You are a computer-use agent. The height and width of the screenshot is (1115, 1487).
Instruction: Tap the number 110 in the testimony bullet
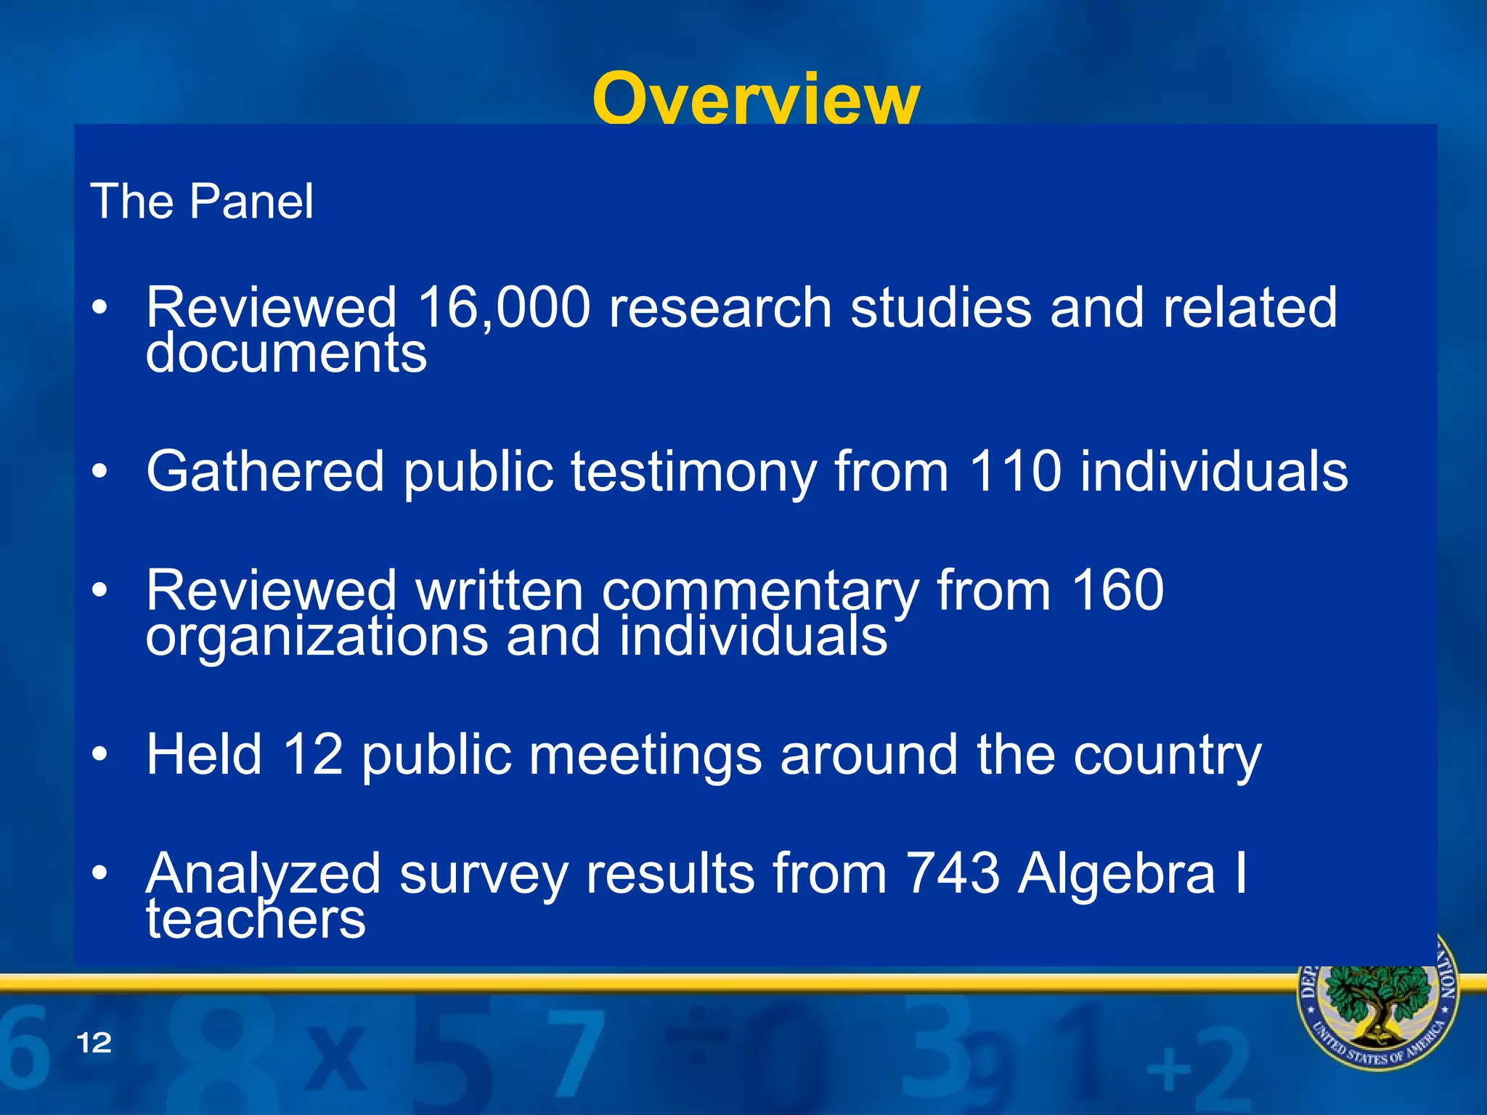point(1015,471)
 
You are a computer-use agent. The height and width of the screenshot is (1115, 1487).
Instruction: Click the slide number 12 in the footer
point(94,1043)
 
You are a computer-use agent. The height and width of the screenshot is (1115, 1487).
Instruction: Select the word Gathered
point(265,471)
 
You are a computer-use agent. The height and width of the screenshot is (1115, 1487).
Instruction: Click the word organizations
point(317,637)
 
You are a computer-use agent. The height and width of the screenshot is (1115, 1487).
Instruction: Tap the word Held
point(204,754)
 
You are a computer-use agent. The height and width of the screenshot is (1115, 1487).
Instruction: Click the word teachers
point(256,920)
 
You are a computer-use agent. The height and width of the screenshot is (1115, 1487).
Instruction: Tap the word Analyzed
point(263,874)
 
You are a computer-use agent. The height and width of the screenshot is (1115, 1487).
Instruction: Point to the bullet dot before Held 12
point(99,754)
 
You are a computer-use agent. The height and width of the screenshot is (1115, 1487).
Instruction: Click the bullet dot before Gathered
point(99,472)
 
